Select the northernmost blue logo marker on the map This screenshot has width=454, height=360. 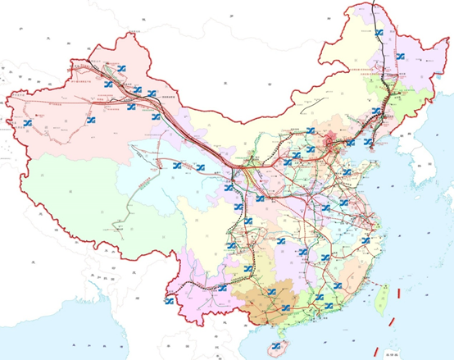(378, 34)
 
